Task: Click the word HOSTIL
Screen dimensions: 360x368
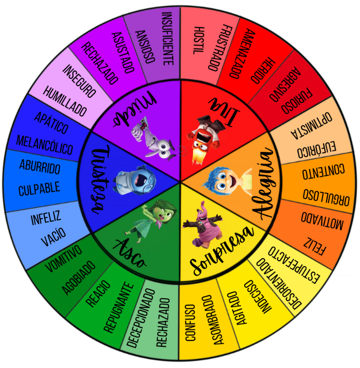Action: coord(199,41)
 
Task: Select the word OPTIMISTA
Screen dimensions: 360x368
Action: coord(312,125)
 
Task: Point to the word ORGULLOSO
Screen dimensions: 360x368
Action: coord(326,197)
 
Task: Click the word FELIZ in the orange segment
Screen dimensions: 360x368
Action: coord(314,246)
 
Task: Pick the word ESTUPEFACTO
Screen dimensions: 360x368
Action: coord(294,265)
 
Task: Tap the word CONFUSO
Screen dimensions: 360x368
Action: coord(190,322)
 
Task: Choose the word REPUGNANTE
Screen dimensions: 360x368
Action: coord(119,307)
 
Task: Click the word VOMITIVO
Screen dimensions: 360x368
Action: coord(64,259)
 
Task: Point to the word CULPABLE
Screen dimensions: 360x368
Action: coord(39,188)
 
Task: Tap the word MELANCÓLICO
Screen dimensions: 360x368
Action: coord(45,146)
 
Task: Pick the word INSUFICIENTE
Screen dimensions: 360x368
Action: coord(168,39)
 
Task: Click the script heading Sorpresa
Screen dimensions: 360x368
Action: coord(221,251)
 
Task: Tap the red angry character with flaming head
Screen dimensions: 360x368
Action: coord(204,138)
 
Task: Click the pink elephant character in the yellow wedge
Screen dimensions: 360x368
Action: coord(203,225)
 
